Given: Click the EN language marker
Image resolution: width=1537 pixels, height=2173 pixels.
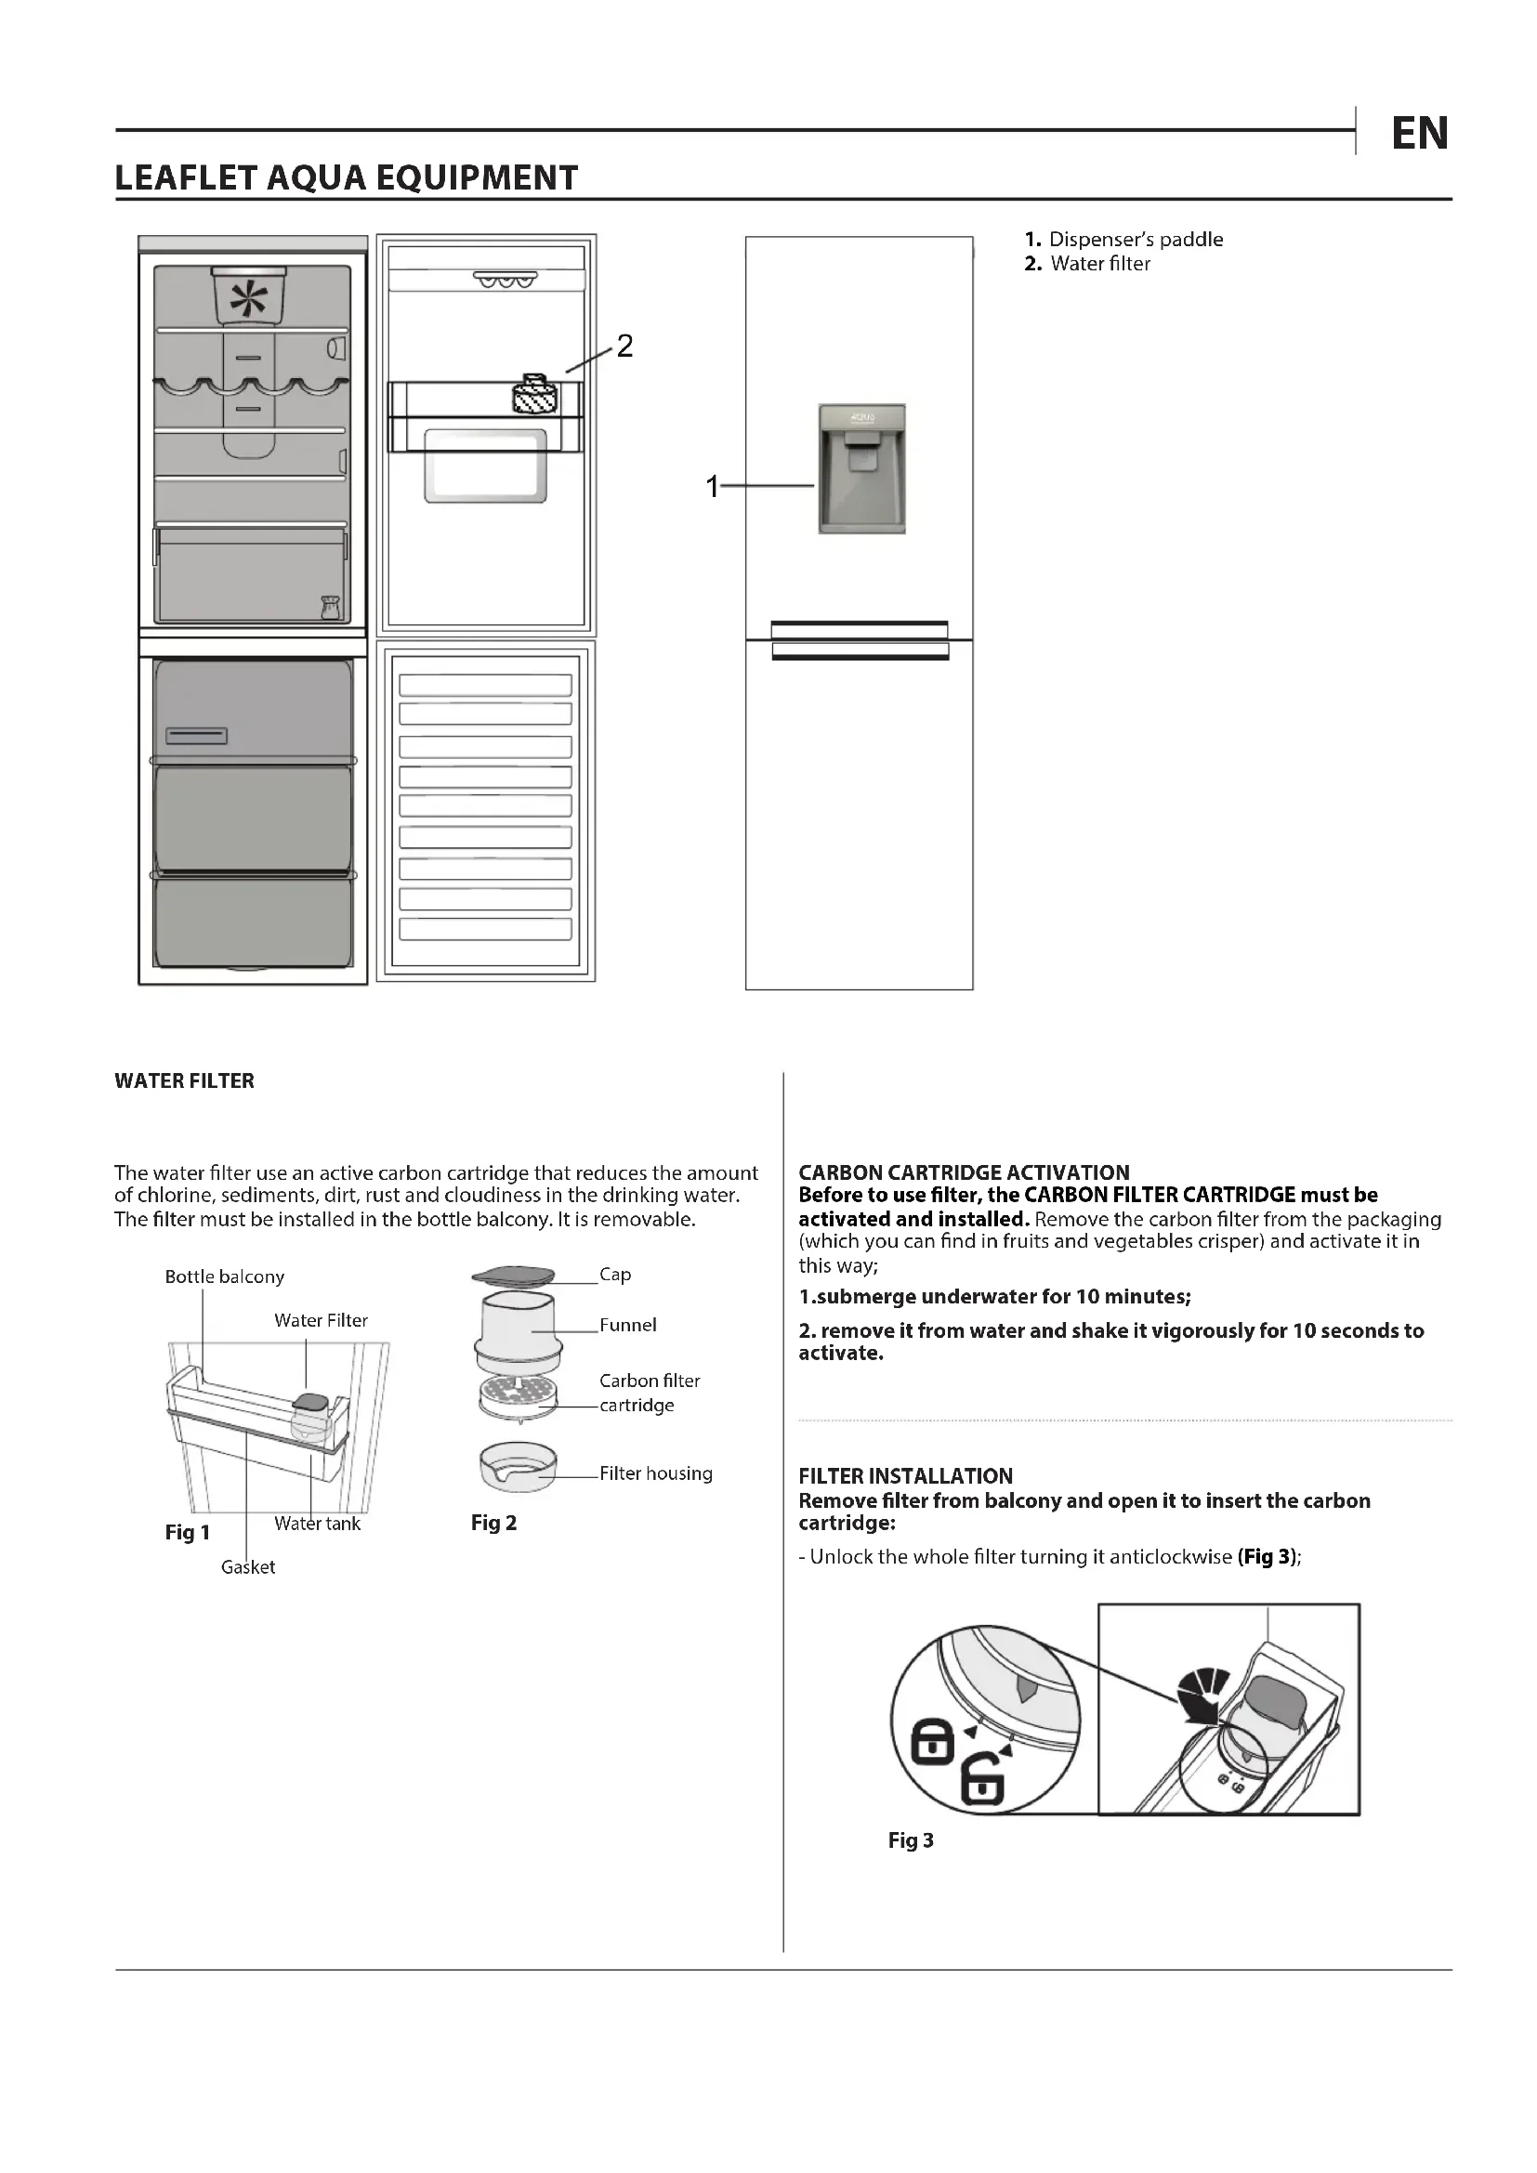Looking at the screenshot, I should [x=1419, y=134].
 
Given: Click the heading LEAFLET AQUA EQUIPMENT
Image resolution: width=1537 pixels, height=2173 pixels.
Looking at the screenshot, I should [x=347, y=178].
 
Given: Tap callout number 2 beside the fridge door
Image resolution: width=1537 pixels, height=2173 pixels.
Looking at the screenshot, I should [x=624, y=347].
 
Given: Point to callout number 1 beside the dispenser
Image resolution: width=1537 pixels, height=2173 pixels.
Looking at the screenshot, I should [x=713, y=487].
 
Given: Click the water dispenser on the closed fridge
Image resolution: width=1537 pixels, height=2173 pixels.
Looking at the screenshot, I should [x=861, y=468].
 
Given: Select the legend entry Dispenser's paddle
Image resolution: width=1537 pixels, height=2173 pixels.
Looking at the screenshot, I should [x=1135, y=240].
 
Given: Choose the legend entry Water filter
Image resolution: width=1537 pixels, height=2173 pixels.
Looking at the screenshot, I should [x=1099, y=264].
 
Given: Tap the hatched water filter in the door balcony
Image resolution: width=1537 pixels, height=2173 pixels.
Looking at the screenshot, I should [x=535, y=396].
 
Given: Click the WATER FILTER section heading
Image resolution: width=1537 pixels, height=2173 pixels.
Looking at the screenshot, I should [x=185, y=1080].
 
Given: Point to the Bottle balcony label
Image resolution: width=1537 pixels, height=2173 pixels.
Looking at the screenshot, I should [x=224, y=1276].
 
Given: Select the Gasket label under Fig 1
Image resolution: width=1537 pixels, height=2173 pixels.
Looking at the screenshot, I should [x=248, y=1567].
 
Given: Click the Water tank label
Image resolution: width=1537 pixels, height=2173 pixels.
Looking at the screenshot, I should [x=317, y=1524].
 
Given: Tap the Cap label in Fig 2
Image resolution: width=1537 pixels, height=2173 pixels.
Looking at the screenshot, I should [x=615, y=1275].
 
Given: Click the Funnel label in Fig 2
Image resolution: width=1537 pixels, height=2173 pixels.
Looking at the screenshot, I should [x=627, y=1325].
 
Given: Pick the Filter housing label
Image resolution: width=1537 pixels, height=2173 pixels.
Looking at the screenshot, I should [x=656, y=1473].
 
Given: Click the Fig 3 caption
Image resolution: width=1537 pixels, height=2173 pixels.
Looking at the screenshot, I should [x=911, y=1840].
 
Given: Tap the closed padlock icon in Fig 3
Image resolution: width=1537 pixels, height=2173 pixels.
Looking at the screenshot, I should [x=932, y=1741].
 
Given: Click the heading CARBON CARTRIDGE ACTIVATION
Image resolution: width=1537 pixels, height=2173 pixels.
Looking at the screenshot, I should [x=964, y=1172].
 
